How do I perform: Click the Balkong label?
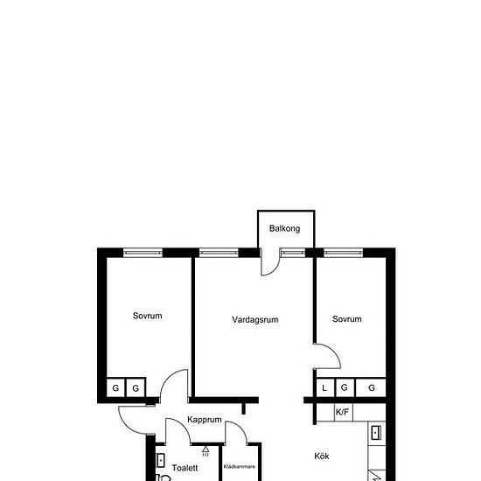(x=284, y=228)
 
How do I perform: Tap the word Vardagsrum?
(x=254, y=319)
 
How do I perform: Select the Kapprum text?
(x=205, y=420)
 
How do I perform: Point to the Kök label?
(x=322, y=457)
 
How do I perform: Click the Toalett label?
(x=185, y=468)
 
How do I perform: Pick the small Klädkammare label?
(x=240, y=467)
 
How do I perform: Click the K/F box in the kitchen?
(x=344, y=412)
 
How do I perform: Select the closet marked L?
(x=325, y=387)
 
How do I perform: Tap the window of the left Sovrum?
(x=143, y=253)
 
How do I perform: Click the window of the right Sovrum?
(x=344, y=253)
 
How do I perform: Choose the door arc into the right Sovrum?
(x=334, y=352)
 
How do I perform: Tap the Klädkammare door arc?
(x=240, y=427)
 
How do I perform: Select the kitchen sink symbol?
(x=376, y=433)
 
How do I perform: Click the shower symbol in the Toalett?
(x=206, y=451)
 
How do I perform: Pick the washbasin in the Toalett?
(x=160, y=460)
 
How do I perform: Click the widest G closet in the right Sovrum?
(x=371, y=387)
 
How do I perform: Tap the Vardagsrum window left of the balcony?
(x=219, y=253)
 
